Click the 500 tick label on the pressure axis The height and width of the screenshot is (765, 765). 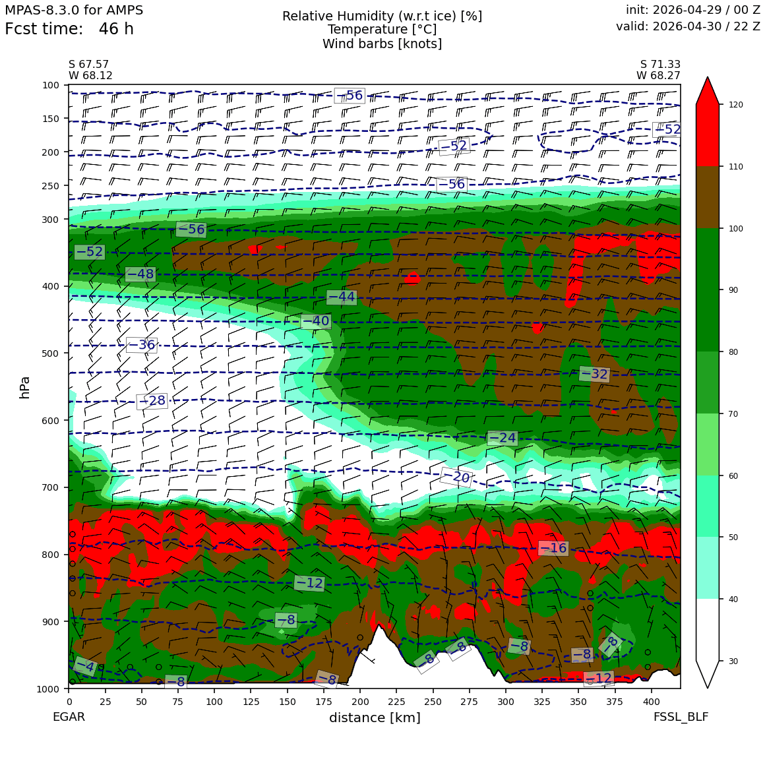pyautogui.click(x=51, y=353)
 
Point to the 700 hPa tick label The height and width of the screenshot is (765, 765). pyautogui.click(x=51, y=487)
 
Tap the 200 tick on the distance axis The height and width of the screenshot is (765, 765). pyautogui.click(x=360, y=702)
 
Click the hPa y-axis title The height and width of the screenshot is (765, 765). pyautogui.click(x=25, y=388)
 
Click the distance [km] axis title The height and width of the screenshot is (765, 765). pyautogui.click(x=375, y=718)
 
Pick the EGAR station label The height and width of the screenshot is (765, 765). pyautogui.click(x=69, y=717)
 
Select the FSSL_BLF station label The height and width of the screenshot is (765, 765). pyautogui.click(x=681, y=717)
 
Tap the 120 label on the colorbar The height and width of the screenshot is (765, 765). pyautogui.click(x=736, y=104)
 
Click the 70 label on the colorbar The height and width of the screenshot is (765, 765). pyautogui.click(x=733, y=413)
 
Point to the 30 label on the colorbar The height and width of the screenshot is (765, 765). pyautogui.click(x=733, y=661)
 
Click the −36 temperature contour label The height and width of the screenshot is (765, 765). pyautogui.click(x=142, y=344)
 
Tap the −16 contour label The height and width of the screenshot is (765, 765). pyautogui.click(x=553, y=548)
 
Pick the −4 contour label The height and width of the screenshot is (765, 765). pyautogui.click(x=85, y=666)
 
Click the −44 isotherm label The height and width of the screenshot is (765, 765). pyautogui.click(x=342, y=297)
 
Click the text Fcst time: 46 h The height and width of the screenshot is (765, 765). pyautogui.click(x=69, y=29)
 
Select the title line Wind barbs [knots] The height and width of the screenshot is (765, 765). pyautogui.click(x=382, y=44)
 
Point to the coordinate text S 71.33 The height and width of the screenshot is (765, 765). pyautogui.click(x=660, y=65)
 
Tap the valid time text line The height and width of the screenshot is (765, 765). pyautogui.click(x=688, y=26)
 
